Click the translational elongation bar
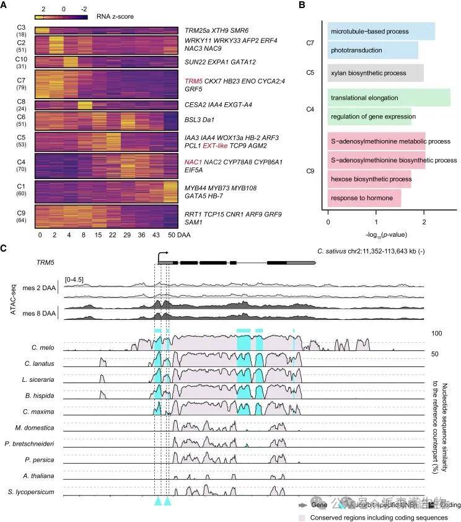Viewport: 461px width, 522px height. pos(389,98)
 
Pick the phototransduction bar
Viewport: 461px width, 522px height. pos(372,50)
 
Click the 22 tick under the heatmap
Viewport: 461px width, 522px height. pos(112,235)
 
